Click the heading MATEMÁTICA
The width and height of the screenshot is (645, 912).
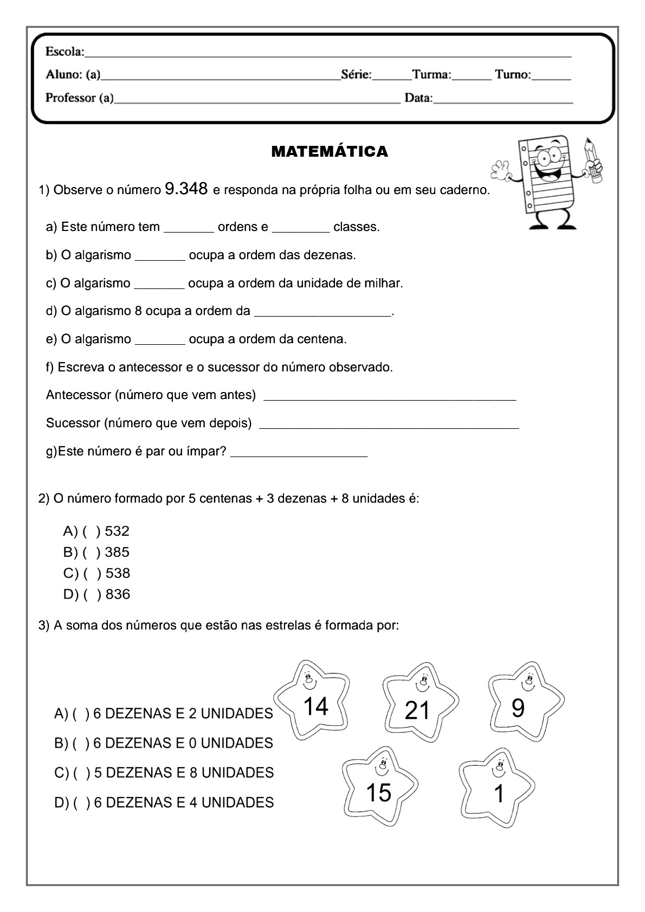330,152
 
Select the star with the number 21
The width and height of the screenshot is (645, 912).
418,705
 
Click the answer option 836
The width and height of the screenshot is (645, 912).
118,595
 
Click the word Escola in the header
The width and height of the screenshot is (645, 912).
64,52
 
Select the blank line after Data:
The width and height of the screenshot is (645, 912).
503,99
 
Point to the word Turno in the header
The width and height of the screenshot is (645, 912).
512,75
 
